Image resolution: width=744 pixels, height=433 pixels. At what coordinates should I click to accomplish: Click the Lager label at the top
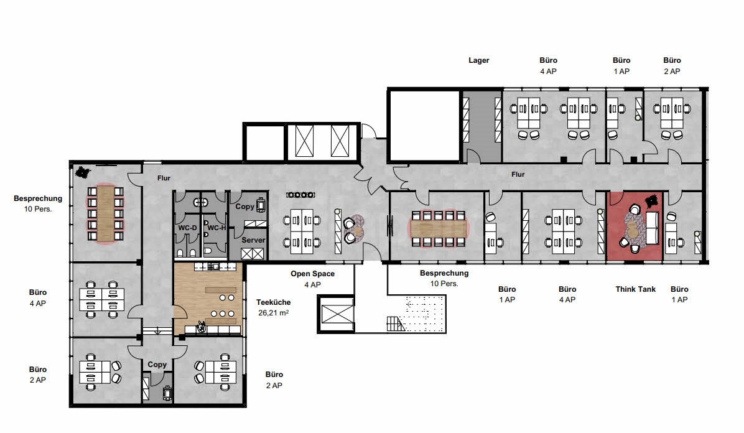pyautogui.click(x=478, y=60)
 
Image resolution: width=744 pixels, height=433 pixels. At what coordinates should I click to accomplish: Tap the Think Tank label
pyautogui.click(x=635, y=289)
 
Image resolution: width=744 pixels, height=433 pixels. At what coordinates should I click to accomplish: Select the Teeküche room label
pyautogui.click(x=272, y=302)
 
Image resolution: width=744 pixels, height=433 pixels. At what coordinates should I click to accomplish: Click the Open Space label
pyautogui.click(x=312, y=274)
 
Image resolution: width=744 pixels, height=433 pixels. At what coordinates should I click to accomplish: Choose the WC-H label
pyautogui.click(x=216, y=228)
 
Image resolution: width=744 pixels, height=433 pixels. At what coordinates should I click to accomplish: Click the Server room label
pyautogui.click(x=253, y=240)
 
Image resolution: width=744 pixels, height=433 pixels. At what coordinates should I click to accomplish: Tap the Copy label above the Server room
pyautogui.click(x=244, y=207)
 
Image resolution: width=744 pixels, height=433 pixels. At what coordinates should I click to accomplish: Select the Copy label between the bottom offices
pyautogui.click(x=157, y=365)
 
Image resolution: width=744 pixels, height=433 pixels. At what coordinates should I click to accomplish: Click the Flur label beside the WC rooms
pyautogui.click(x=164, y=178)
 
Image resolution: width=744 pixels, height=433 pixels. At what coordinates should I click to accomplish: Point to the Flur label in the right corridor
pyautogui.click(x=518, y=175)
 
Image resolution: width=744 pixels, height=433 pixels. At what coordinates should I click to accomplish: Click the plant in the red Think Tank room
pyautogui.click(x=653, y=201)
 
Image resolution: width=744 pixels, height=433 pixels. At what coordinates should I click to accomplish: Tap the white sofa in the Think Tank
pyautogui.click(x=653, y=228)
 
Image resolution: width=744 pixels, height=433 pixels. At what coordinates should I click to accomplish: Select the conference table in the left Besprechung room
pyautogui.click(x=105, y=213)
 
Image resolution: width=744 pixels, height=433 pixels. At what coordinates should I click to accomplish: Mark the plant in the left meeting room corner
pyautogui.click(x=81, y=172)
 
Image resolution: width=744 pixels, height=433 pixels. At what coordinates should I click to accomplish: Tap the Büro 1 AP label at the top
pyautogui.click(x=621, y=65)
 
